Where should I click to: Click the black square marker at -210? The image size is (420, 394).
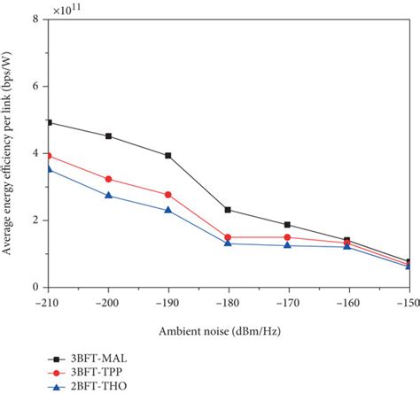tap(50, 122)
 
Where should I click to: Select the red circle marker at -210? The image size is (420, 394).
tap(50, 155)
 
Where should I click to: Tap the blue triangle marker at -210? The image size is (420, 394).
tap(50, 168)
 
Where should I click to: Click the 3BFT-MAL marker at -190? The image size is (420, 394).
tap(168, 155)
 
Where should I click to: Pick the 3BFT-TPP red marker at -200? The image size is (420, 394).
tap(109, 179)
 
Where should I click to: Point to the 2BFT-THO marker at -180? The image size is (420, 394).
tap(228, 243)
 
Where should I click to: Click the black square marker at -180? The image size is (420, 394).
tap(228, 210)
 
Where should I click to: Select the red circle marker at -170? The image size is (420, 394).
tap(287, 237)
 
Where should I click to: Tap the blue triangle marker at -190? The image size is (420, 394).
tap(168, 210)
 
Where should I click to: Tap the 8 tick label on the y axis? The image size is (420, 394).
tap(35, 19)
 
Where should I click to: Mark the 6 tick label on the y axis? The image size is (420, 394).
tap(35, 87)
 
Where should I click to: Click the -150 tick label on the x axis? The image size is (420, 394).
tap(406, 302)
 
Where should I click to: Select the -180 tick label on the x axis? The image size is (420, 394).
tap(228, 302)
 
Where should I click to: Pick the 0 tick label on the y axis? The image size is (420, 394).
tap(35, 288)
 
